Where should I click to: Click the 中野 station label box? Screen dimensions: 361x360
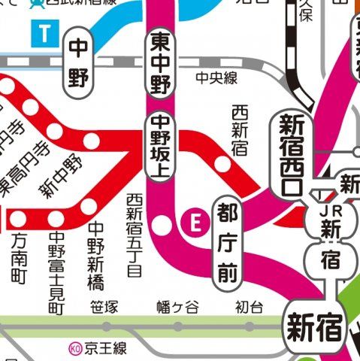pyautogui.click(x=78, y=62)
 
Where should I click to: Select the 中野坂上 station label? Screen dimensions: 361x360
pyautogui.click(x=160, y=147)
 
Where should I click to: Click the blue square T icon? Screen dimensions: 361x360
pyautogui.click(x=47, y=32)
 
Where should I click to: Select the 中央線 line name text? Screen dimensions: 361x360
pyautogui.click(x=213, y=77)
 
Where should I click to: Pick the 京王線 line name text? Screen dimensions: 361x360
pyautogui.click(x=106, y=348)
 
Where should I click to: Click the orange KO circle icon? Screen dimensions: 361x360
pyautogui.click(x=74, y=348)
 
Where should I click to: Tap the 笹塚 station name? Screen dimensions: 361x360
pyautogui.click(x=104, y=307)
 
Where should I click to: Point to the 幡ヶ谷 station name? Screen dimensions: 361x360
pyautogui.click(x=177, y=307)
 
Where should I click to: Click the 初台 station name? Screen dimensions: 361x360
pyautogui.click(x=249, y=307)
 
